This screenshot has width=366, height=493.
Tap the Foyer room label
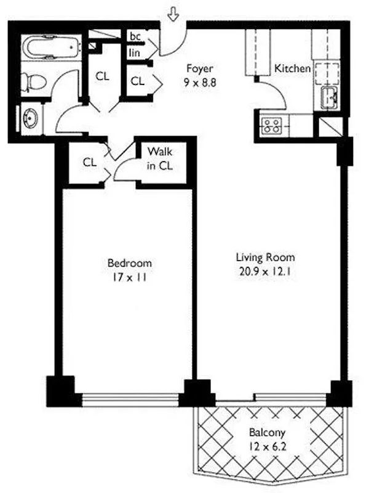199,69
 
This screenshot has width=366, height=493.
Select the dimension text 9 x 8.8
199,80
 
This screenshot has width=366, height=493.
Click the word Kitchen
292,68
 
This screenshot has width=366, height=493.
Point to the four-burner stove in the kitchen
271,125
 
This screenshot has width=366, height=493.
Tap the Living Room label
266,257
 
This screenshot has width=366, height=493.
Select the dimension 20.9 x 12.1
266,271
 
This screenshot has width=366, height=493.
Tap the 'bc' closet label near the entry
135,36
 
